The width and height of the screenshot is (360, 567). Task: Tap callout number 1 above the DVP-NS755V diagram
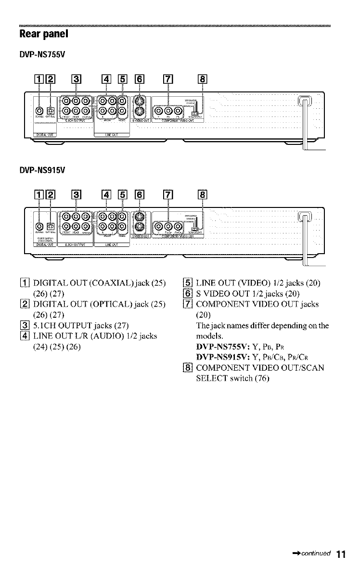39,80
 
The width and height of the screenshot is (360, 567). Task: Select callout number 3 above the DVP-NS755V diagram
76,80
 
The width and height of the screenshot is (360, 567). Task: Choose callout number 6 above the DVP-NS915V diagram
139,196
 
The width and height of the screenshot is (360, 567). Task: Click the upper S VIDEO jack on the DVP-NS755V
139,102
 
